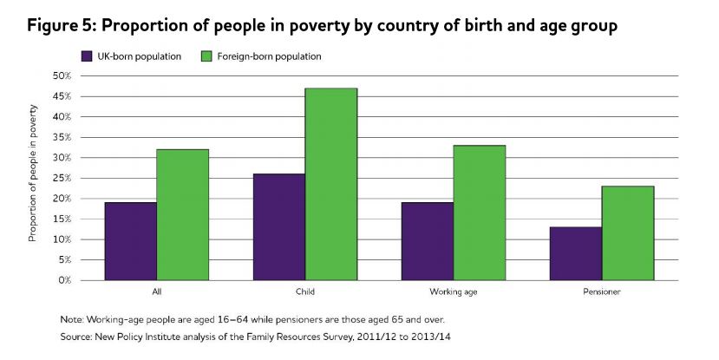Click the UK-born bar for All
click(x=131, y=241)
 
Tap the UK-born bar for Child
click(x=279, y=227)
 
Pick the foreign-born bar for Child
click(x=330, y=184)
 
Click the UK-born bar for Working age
click(x=428, y=241)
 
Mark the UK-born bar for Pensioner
click(x=576, y=253)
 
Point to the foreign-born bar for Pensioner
click(x=628, y=233)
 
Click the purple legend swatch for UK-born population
click(x=88, y=56)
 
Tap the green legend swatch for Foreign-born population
click(x=206, y=56)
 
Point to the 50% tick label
click(x=61, y=75)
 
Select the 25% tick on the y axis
click(x=61, y=178)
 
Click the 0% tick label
click(x=63, y=280)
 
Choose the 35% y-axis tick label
click(x=61, y=137)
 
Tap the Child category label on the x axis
click(x=305, y=293)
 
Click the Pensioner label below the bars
click(x=602, y=293)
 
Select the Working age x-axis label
click(x=453, y=293)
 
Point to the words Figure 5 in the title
click(x=59, y=26)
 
